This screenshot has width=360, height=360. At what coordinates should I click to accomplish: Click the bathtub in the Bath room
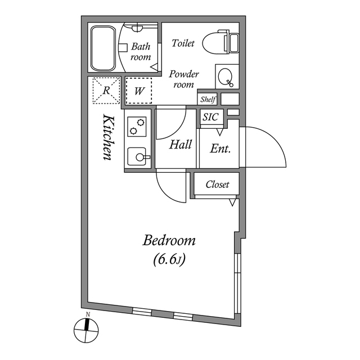(x=102, y=48)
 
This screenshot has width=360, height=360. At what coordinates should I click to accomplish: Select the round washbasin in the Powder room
(x=226, y=78)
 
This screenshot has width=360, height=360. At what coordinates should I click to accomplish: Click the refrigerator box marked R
(x=106, y=90)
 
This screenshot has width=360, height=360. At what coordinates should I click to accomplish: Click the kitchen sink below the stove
(x=137, y=156)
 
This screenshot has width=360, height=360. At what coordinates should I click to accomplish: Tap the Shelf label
(x=208, y=99)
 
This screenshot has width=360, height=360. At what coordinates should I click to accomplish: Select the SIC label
(x=210, y=118)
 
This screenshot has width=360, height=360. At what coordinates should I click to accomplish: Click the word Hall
(x=181, y=145)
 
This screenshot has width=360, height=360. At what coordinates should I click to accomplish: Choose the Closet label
(x=217, y=184)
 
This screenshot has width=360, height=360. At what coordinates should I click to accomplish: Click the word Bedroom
(x=169, y=241)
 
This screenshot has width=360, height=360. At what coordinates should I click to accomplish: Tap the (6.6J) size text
(x=169, y=260)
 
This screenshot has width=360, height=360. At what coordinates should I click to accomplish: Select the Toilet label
(x=183, y=43)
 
